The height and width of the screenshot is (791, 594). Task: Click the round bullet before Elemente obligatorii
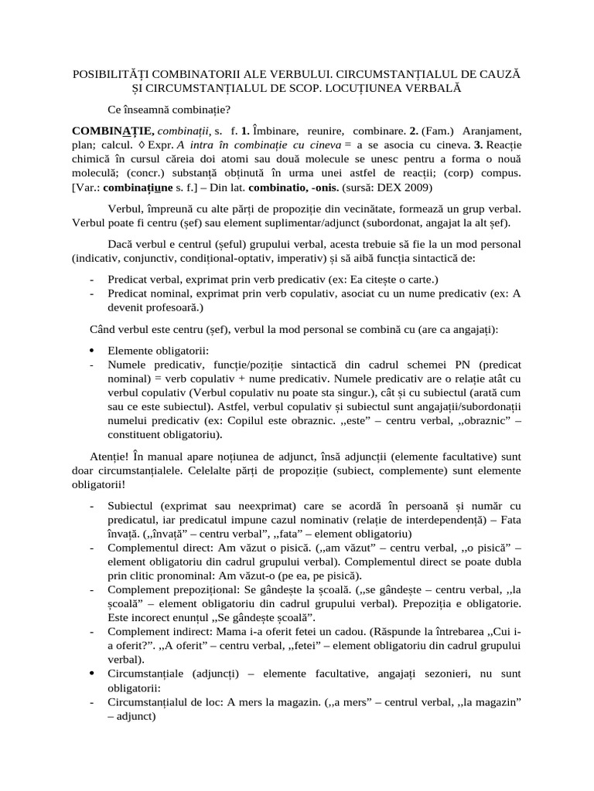[x=93, y=351]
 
